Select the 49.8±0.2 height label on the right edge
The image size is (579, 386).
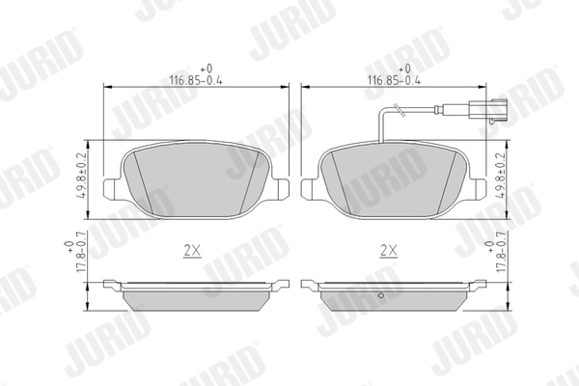(499, 175)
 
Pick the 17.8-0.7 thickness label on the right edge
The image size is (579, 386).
(499, 249)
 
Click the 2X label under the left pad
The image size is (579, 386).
(191, 249)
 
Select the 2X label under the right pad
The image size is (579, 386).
(390, 249)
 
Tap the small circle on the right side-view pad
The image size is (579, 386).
(381, 295)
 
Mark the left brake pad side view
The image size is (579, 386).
(197, 294)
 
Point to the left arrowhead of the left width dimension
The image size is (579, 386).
(107, 89)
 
